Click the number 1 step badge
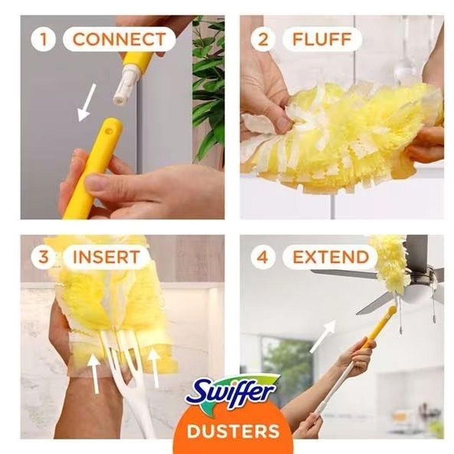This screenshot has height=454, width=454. pos(44,39)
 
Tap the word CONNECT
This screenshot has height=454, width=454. pos(119,39)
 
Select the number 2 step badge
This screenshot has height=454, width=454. pos(263,39)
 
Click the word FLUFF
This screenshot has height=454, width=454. pos(322,39)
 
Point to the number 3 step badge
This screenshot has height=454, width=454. pos(44,257)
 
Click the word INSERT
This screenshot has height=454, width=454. pos(106,257)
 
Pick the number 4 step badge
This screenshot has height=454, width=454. pos(263,257)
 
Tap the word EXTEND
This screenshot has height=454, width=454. pos(331,257)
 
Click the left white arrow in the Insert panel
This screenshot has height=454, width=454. pos(95,374)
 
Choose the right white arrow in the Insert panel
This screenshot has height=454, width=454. pos(154,367)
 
